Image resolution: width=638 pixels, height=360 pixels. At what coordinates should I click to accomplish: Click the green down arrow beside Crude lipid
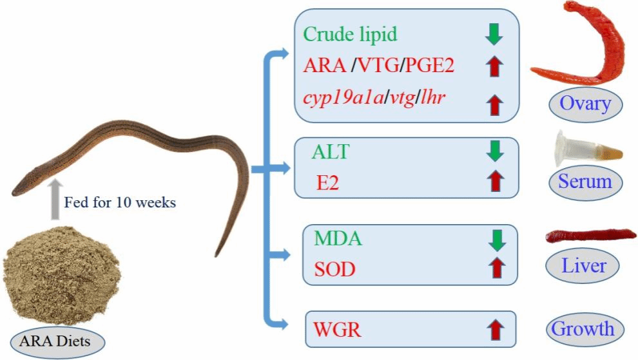tap(494, 35)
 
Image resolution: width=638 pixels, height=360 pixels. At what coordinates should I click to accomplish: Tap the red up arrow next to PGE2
tap(494, 65)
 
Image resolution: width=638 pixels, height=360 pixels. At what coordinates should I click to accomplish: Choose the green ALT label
tap(332, 153)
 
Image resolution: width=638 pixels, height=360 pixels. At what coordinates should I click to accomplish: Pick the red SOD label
tap(335, 268)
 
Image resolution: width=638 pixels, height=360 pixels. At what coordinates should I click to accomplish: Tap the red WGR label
tap(338, 330)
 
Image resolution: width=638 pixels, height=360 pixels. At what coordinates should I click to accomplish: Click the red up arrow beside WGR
tap(494, 330)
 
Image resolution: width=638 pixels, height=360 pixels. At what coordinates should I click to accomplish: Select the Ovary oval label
tap(585, 103)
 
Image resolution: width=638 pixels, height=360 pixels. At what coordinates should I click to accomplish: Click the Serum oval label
tap(585, 182)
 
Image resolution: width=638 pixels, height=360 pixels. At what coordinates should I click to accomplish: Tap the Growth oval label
tap(582, 329)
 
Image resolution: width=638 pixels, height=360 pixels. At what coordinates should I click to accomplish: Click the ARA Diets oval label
tap(58, 341)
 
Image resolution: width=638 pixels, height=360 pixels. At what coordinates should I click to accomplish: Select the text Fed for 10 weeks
tap(120, 203)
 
